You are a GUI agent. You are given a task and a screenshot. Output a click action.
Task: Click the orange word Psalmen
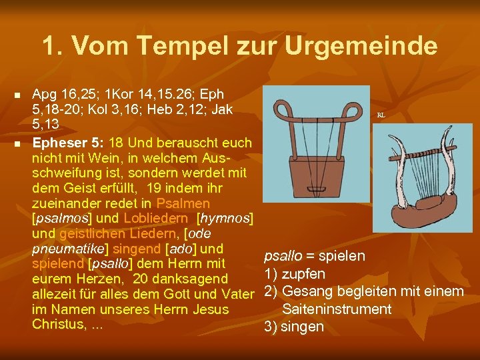pyautogui.click(x=183, y=203)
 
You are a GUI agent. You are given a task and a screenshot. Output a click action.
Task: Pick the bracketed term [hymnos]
pyautogui.click(x=225, y=219)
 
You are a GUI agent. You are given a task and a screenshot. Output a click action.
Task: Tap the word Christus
pyautogui.click(x=59, y=325)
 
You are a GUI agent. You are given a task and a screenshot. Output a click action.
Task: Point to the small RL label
pyautogui.click(x=381, y=115)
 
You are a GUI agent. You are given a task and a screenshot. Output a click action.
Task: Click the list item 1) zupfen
pyautogui.click(x=295, y=274)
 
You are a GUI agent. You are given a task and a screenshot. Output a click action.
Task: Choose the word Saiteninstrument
pyautogui.click(x=337, y=309)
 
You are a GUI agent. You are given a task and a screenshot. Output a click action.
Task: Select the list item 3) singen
pyautogui.click(x=294, y=327)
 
